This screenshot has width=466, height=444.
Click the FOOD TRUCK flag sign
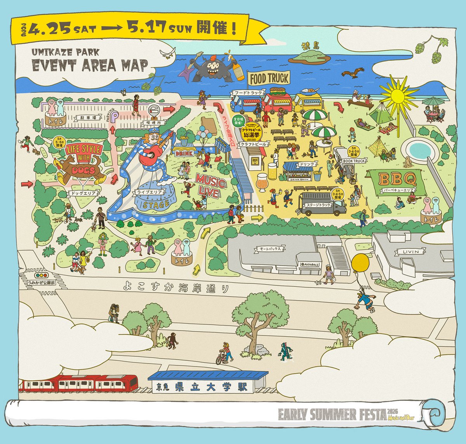(269, 79)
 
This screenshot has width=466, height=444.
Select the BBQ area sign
(397, 180)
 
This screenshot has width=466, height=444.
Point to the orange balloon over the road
(361, 265)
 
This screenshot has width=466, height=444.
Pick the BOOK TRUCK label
(353, 161)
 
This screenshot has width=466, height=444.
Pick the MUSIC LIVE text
(211, 185)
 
